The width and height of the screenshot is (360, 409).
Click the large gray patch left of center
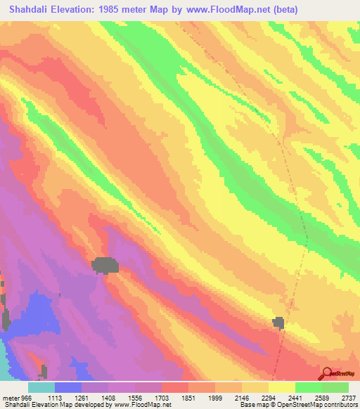[x=105, y=265]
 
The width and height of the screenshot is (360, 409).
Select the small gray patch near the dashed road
[x=278, y=322]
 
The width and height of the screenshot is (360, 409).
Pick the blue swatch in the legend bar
[x=68, y=387]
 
